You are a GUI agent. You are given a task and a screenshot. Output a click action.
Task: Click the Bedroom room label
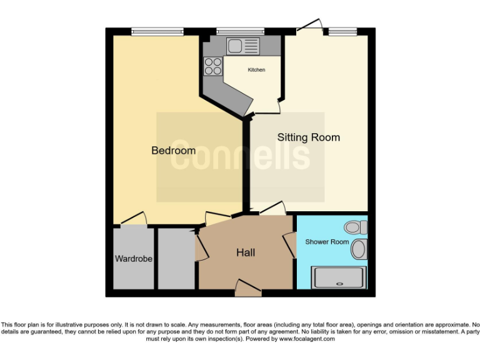click(x=173, y=151)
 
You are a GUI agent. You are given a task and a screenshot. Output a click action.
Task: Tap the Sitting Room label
click(x=308, y=137)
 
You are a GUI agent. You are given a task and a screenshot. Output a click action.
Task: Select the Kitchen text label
click(x=256, y=70)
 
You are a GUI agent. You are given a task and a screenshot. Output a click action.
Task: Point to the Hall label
click(x=245, y=252)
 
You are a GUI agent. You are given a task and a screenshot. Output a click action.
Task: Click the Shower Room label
click(x=326, y=241)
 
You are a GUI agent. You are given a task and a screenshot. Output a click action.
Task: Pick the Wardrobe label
click(x=133, y=258)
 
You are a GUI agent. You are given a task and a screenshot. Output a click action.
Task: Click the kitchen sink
click(x=242, y=45)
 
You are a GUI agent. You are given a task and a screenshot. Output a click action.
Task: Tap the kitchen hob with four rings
click(x=213, y=66)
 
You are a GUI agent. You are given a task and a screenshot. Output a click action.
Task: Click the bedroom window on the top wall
click(x=157, y=31)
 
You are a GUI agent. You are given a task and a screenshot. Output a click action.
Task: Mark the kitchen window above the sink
click(x=241, y=31)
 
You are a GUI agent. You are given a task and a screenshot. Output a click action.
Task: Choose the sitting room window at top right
click(x=343, y=31)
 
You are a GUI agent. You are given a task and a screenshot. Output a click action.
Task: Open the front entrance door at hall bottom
click(x=248, y=289)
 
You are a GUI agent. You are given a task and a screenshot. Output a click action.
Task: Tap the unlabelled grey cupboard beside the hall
click(x=176, y=258)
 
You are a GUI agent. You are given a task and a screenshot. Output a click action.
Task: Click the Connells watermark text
click(x=241, y=156)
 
